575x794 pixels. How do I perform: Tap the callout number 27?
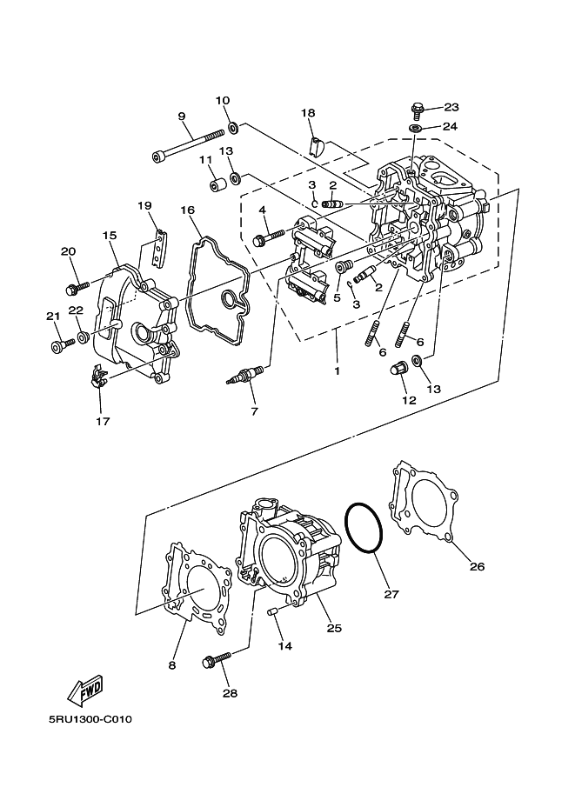pos(391,595)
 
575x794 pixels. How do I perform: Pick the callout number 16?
pos(187,210)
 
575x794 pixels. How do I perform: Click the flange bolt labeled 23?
pos(417,110)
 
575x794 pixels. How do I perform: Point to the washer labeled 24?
pos(416,129)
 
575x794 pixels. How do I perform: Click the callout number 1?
pos(336,370)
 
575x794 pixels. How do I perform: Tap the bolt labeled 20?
pos(77,285)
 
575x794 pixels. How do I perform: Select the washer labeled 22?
pos(81,336)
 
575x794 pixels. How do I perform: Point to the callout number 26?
pos(476,567)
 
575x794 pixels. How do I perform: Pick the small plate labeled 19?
pos(157,250)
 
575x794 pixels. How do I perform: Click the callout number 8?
pos(171,665)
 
